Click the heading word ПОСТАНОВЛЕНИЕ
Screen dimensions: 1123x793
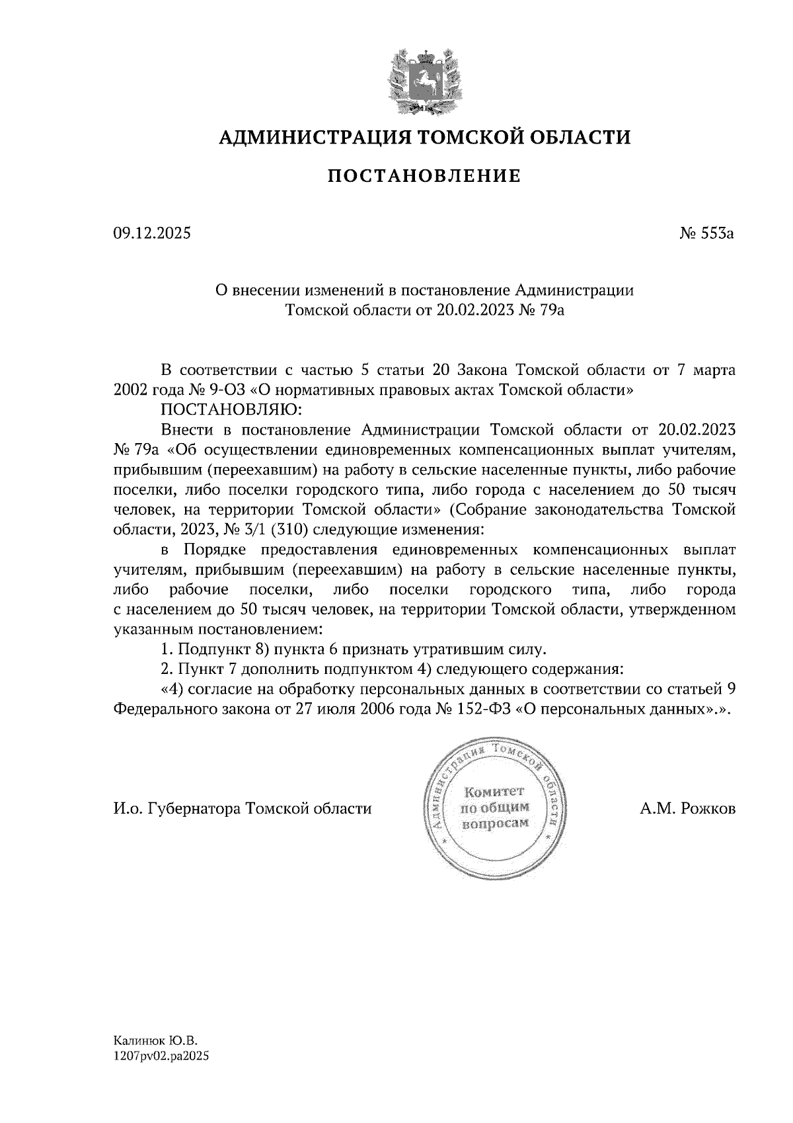click(x=424, y=176)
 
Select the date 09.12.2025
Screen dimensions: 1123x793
click(x=151, y=233)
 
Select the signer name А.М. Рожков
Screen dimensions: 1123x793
click(x=687, y=808)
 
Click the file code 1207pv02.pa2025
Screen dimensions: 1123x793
click(x=161, y=1056)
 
